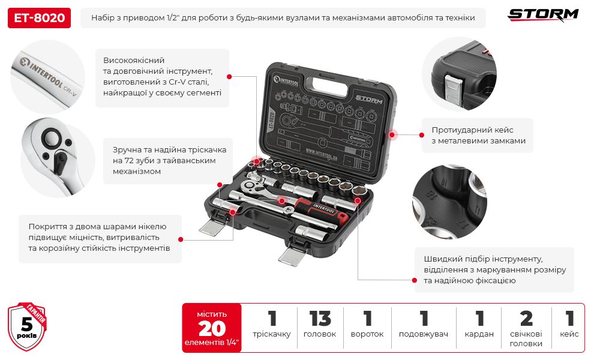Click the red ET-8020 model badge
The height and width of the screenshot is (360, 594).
click(39, 17)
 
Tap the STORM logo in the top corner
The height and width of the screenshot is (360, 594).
click(544, 14)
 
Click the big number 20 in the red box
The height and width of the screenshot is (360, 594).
click(211, 328)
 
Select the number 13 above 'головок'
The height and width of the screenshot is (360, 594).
click(320, 319)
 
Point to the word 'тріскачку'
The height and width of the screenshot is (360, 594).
click(272, 334)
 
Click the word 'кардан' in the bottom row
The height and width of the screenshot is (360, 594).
click(479, 334)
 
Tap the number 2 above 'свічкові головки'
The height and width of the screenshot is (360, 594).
click(526, 319)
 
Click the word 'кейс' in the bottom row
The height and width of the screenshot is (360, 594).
click(569, 334)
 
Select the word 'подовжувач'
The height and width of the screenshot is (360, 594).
click(424, 334)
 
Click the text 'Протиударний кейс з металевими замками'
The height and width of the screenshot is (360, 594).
click(478, 135)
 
